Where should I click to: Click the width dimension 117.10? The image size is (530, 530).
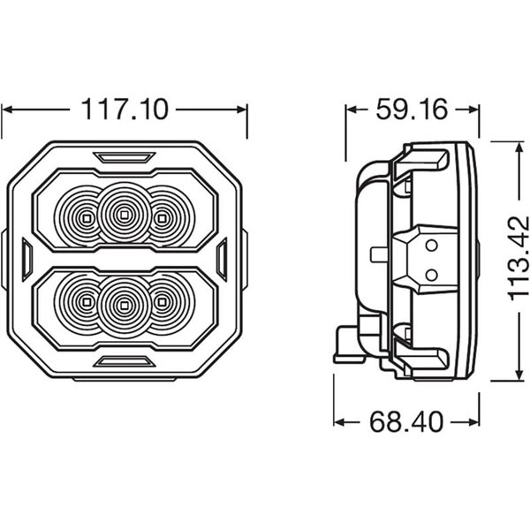(124, 110)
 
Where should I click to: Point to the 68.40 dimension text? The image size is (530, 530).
(406, 421)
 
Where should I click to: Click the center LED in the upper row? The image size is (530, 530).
(124, 212)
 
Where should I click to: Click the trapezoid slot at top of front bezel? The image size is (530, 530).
(124, 157)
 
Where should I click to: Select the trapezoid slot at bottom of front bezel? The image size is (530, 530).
(124, 360)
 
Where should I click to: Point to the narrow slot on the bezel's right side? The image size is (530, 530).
(222, 258)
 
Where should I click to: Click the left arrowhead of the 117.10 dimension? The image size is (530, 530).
(7, 110)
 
